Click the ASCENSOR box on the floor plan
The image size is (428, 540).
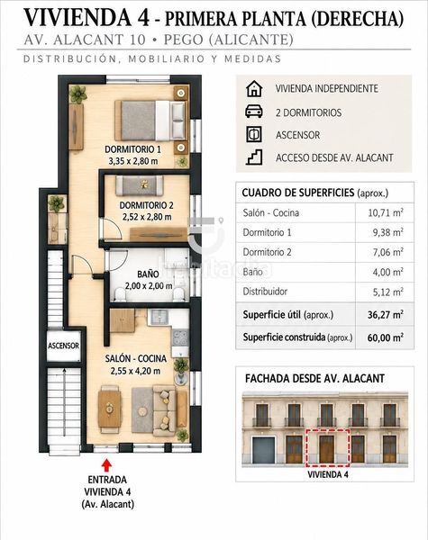(63, 346)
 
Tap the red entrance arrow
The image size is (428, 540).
(107, 465)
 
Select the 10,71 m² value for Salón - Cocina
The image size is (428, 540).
(386, 212)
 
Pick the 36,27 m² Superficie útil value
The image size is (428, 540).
(386, 314)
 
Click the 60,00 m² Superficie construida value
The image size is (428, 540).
(386, 337)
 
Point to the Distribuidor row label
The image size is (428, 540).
(265, 292)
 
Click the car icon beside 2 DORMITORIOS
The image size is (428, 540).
(254, 112)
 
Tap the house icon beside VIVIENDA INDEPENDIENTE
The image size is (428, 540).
(254, 88)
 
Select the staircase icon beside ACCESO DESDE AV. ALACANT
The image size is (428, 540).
(254, 157)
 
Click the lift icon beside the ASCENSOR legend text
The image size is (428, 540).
(254, 134)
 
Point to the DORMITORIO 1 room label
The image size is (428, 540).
(132, 149)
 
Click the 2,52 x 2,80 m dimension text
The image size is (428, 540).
(147, 217)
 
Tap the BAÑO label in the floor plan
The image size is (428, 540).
(148, 274)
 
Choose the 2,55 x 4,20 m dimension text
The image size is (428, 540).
(135, 371)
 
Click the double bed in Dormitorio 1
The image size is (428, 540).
(150, 121)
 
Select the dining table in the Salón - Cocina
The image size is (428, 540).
(109, 409)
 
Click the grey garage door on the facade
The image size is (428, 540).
(263, 450)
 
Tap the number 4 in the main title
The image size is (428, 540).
(143, 18)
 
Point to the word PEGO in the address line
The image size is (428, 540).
(183, 40)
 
